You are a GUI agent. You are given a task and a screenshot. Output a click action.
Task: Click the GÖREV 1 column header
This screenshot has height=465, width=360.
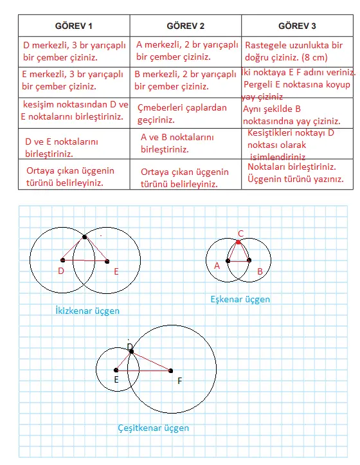coord(73,26)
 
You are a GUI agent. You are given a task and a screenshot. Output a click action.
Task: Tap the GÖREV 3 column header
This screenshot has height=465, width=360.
coord(297,26)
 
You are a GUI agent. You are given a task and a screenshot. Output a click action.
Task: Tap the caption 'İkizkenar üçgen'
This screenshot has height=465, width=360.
coord(87,311)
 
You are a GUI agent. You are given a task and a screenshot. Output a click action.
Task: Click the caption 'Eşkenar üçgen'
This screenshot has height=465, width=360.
coord(240,299)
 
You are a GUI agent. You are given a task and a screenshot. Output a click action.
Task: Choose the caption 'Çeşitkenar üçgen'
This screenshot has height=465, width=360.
coord(153,428)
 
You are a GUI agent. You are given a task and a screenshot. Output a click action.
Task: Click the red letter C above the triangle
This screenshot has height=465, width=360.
coord(240,233)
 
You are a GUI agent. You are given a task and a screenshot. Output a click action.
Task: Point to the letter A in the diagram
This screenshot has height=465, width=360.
coord(217,265)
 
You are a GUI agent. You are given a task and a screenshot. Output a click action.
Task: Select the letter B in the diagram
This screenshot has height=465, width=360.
coord(260,271)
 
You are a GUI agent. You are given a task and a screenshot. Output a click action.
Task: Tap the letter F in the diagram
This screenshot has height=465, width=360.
coord(180,381)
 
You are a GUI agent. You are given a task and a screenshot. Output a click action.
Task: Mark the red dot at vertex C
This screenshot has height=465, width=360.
coord(239,242)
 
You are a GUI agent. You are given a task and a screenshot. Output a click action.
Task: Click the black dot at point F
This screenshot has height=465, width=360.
coord(171,370)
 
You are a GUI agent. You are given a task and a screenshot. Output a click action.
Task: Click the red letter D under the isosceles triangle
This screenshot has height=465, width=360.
coord(61,271)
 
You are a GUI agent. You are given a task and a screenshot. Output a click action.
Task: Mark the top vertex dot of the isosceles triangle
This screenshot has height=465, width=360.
coord(85,237)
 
